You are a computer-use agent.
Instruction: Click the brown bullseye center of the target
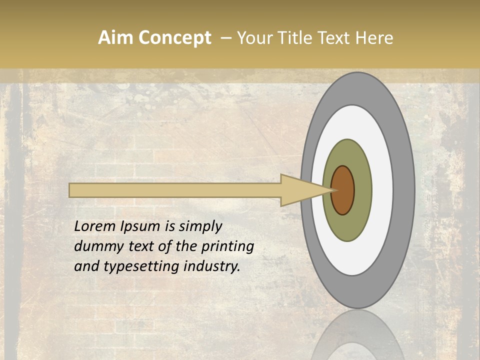click(x=343, y=190)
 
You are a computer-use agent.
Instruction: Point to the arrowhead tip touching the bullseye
click(x=331, y=190)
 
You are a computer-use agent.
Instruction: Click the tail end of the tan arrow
click(x=71, y=190)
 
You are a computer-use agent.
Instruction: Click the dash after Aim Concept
click(x=226, y=38)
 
